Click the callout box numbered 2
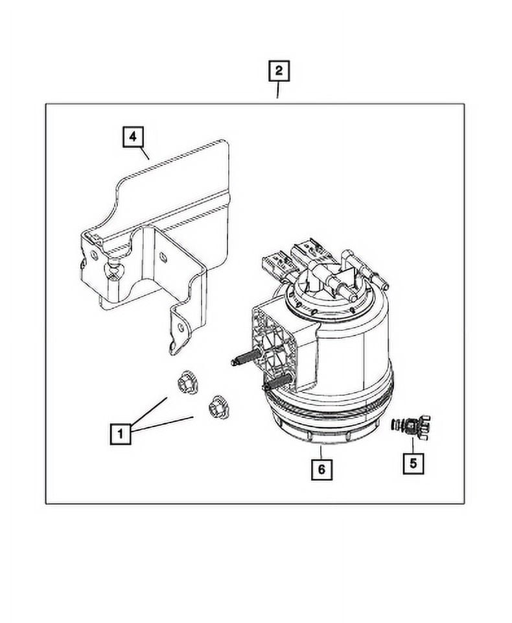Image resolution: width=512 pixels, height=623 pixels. (278, 71)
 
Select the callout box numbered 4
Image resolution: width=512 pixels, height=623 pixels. (132, 137)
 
